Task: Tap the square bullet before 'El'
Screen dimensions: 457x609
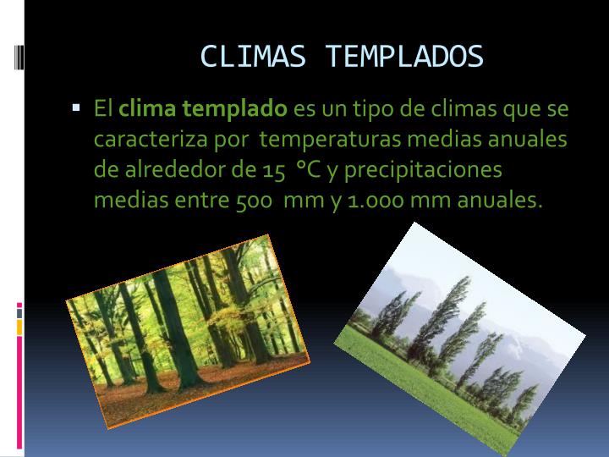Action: (x=76, y=109)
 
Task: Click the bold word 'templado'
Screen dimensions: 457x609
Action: (x=238, y=109)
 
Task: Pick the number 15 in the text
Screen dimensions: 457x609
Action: (x=272, y=170)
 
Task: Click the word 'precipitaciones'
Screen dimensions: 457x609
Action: (x=423, y=170)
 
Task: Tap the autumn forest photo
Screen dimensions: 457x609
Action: (x=187, y=331)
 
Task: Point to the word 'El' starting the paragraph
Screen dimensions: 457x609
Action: (x=103, y=109)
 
